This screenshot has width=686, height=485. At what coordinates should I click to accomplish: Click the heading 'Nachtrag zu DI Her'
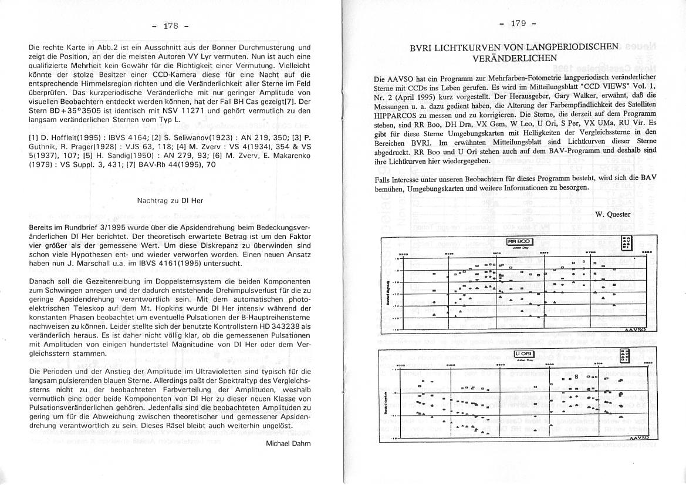pos(170,200)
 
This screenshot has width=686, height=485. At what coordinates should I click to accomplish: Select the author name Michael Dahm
pos(288,443)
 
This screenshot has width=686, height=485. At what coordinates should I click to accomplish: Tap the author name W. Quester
pos(613,214)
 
